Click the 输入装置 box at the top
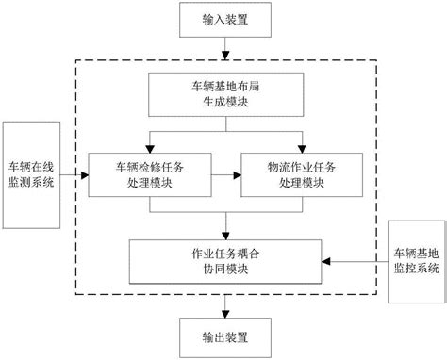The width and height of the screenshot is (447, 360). click(223, 21)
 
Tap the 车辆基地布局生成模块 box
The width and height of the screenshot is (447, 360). click(223, 98)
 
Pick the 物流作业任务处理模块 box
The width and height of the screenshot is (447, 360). click(300, 172)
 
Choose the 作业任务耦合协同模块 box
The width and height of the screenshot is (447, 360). click(223, 261)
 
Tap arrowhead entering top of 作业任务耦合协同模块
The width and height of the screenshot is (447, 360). click(223, 236)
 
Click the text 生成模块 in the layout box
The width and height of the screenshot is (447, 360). click(223, 106)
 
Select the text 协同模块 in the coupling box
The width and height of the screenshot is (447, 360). click(223, 270)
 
